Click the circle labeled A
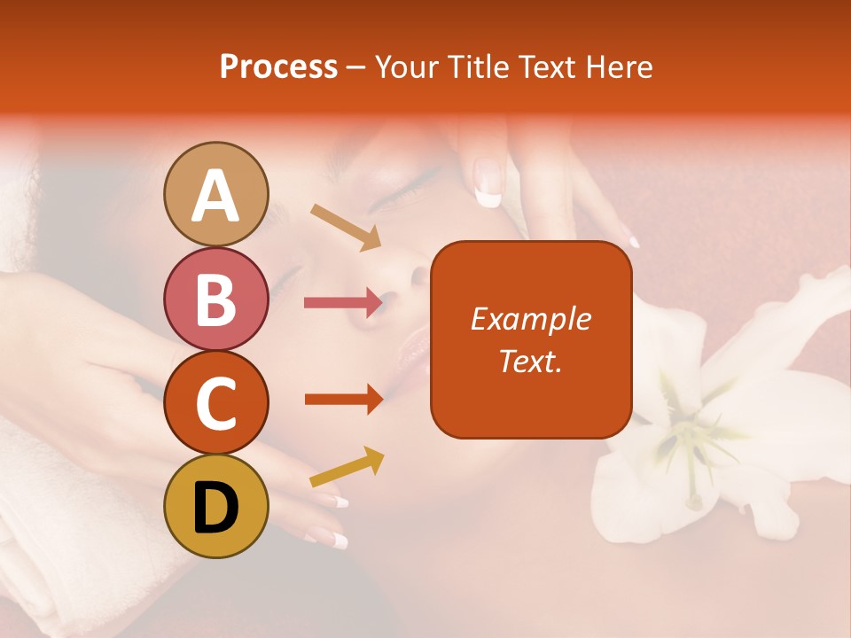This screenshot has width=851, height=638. point(216,194)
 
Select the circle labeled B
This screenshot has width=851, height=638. point(216,300)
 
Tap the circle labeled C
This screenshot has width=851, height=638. point(216,403)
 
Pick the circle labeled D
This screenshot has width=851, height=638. point(216,507)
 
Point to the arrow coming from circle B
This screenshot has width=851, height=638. point(343,303)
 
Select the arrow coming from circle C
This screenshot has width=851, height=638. point(343,400)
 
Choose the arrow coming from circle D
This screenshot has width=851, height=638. point(347,468)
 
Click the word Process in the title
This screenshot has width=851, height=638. point(278,66)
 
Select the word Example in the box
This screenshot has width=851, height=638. point(530,319)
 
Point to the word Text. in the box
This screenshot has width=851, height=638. point(530,361)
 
